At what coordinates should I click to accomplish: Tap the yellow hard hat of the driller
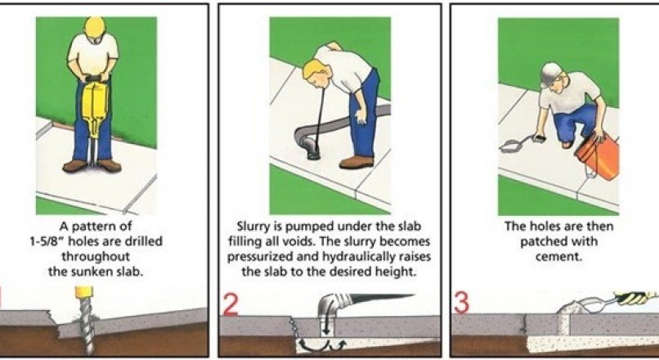[x=95, y=26]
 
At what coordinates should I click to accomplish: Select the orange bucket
[x=598, y=153]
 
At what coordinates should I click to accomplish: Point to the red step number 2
[x=231, y=304]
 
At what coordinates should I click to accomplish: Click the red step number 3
[x=461, y=304]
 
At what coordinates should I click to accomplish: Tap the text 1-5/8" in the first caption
[x=47, y=242]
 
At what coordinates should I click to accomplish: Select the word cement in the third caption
[x=558, y=257]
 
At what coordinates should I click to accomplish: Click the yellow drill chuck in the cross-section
[x=83, y=292]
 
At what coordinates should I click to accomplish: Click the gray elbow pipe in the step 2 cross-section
[x=332, y=306]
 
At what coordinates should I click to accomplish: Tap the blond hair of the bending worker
[x=313, y=70]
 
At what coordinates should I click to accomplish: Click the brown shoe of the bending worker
[x=356, y=162]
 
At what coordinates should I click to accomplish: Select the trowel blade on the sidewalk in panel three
[x=510, y=146]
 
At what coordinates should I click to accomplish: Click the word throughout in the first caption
[x=96, y=257]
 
